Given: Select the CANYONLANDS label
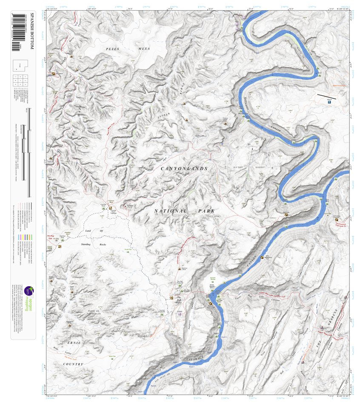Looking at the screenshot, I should click(x=184, y=169).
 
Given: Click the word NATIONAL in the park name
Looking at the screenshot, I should click(x=170, y=211).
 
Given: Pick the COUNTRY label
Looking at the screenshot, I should click(x=73, y=364).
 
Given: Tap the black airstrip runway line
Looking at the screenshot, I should click(x=326, y=96).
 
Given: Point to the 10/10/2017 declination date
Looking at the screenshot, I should click(x=260, y=167).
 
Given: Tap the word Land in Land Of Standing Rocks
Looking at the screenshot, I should click(x=89, y=231).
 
